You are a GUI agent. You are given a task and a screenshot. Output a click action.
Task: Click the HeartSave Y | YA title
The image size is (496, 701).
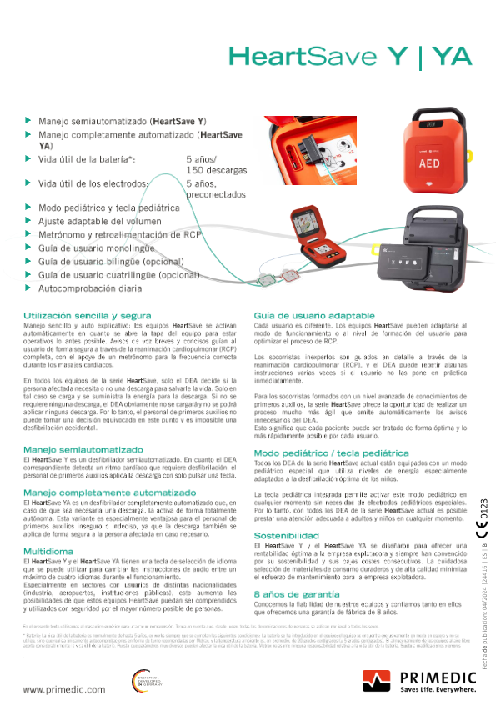point(349,57)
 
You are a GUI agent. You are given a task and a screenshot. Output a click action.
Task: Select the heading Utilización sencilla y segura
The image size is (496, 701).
point(88,317)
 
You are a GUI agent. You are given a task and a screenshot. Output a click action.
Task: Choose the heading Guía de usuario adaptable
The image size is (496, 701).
point(313,317)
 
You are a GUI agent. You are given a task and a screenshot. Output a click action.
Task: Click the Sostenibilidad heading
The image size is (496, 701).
point(288,534)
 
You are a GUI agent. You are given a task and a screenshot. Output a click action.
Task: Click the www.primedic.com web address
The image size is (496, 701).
point(57,688)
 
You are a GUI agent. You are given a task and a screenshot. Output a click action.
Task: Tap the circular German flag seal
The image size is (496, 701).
point(143,681)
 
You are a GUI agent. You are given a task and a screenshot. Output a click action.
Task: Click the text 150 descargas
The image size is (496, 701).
point(216,170)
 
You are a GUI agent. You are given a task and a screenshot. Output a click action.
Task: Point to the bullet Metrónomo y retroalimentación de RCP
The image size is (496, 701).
point(120,235)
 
